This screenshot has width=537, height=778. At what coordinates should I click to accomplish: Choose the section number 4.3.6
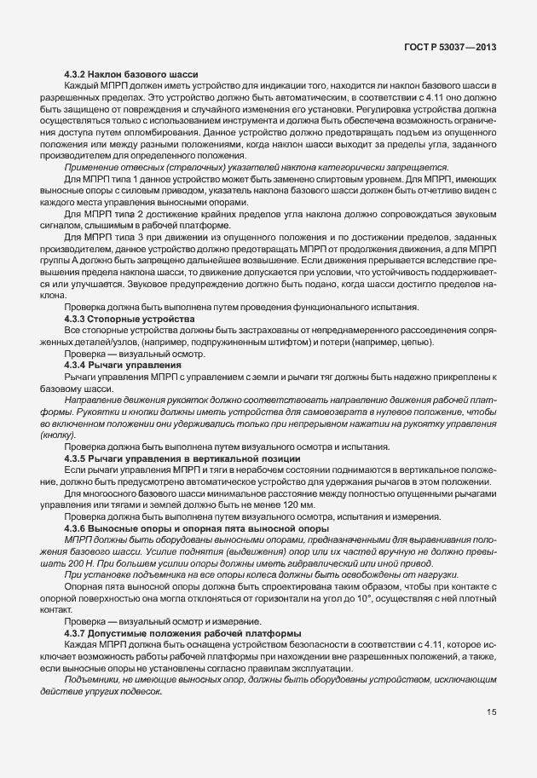click(78, 528)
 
